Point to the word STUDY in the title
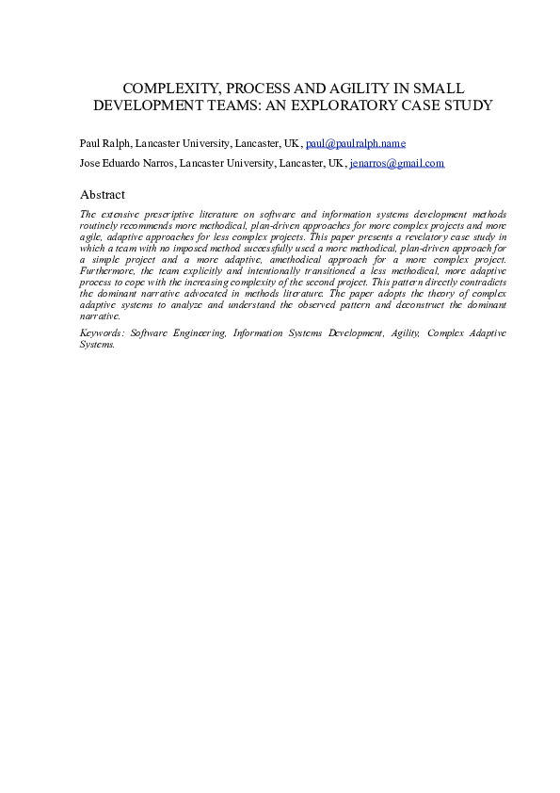tap(468, 105)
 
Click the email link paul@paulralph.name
tap(356, 143)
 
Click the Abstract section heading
tap(103, 194)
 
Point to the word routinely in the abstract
tap(101, 226)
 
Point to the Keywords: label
tap(103, 332)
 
